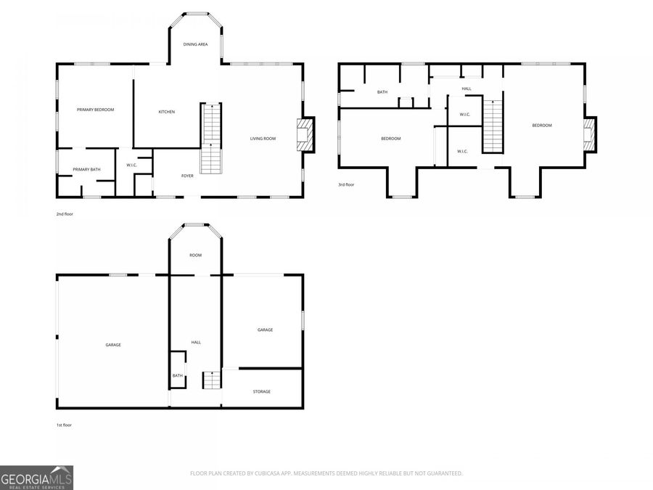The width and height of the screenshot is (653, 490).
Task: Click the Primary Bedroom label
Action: click(95, 110)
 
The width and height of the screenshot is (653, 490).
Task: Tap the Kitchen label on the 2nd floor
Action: click(167, 112)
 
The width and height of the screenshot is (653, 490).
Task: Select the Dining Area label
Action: click(195, 44)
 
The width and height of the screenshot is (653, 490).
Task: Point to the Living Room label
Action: click(263, 139)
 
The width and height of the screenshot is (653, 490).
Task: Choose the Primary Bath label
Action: click(86, 170)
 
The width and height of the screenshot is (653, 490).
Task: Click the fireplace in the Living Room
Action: click(305, 135)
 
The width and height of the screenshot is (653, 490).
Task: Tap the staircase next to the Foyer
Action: click(211, 138)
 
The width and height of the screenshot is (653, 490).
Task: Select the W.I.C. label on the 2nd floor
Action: click(132, 165)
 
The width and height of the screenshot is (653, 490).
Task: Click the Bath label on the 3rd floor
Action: click(382, 92)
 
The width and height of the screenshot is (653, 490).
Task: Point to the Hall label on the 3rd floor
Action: click(467, 89)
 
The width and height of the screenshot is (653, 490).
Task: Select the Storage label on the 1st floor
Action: click(262, 392)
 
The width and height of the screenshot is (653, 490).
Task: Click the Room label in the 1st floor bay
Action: click(195, 256)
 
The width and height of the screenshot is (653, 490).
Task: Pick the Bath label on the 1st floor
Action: click(177, 375)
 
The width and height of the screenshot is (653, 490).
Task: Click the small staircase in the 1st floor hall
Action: click(211, 380)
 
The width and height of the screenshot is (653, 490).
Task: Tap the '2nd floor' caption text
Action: click(65, 214)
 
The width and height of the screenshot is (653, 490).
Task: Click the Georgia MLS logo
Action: click(36, 478)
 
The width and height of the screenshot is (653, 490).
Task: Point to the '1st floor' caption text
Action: click(64, 425)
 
